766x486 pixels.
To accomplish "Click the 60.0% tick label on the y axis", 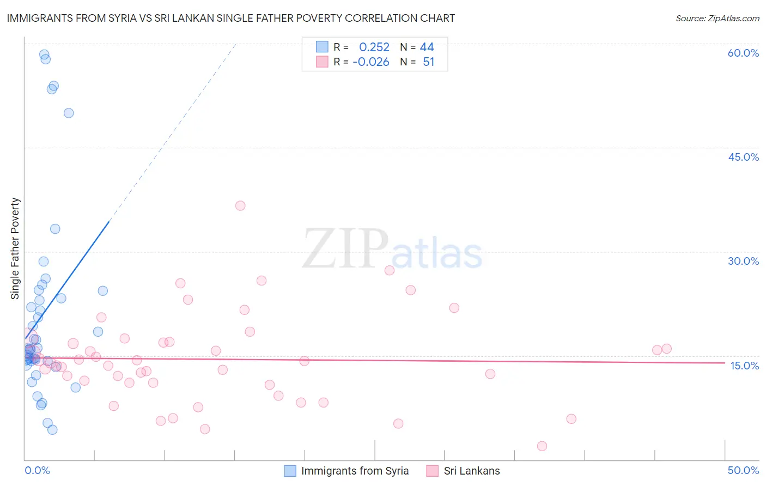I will point(743,53).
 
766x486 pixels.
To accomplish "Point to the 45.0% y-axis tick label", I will point(743,157).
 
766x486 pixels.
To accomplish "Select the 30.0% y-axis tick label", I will point(743,261).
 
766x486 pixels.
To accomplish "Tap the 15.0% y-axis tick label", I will point(744,366).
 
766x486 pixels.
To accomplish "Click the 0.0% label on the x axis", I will point(37,470).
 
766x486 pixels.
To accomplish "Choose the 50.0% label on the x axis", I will point(743,470).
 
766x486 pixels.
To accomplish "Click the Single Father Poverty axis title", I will point(15,248).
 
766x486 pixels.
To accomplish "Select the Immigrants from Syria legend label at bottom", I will point(355,471).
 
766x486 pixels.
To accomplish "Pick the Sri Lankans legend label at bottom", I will point(472,471).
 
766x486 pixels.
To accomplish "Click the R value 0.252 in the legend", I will point(374,47).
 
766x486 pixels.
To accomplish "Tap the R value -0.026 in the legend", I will point(371,62).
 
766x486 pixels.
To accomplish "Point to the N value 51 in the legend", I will point(429,62).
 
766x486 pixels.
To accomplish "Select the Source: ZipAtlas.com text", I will point(717,19).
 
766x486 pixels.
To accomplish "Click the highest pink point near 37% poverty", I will point(240,205).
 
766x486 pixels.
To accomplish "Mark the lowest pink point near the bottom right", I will point(542,446).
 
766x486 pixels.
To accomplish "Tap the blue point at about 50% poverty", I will point(69,113).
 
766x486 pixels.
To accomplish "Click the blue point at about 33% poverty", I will point(55,229).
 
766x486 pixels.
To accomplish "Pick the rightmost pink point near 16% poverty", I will point(666,349).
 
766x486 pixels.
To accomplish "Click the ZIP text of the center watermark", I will point(345,249).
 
